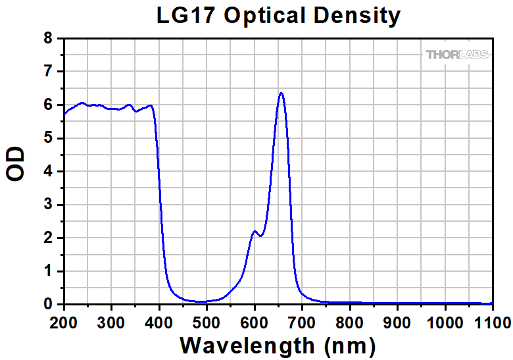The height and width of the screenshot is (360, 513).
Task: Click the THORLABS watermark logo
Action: click(457, 55)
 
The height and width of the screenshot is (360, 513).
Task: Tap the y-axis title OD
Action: click(16, 165)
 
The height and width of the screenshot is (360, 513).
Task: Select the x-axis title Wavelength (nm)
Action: click(278, 344)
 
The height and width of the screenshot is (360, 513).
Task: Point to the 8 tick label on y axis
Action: click(48, 38)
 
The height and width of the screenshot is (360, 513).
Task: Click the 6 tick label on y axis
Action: click(48, 105)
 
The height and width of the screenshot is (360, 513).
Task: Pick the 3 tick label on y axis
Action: click(48, 205)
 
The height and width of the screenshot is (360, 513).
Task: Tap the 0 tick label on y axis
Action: click(48, 305)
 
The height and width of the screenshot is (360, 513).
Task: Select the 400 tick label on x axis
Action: click(159, 322)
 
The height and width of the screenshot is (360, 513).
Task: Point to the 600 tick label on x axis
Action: click(255, 322)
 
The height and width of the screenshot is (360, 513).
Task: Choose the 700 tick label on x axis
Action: click(302, 322)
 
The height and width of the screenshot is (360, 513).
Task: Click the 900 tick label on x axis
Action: click(397, 322)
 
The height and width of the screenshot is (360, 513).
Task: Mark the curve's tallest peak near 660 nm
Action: click(281, 93)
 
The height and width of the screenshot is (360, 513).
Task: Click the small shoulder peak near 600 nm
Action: click(255, 231)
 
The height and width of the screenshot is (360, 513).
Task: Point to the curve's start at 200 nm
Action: click(64, 114)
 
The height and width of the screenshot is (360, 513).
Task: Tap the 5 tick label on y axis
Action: click(48, 138)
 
